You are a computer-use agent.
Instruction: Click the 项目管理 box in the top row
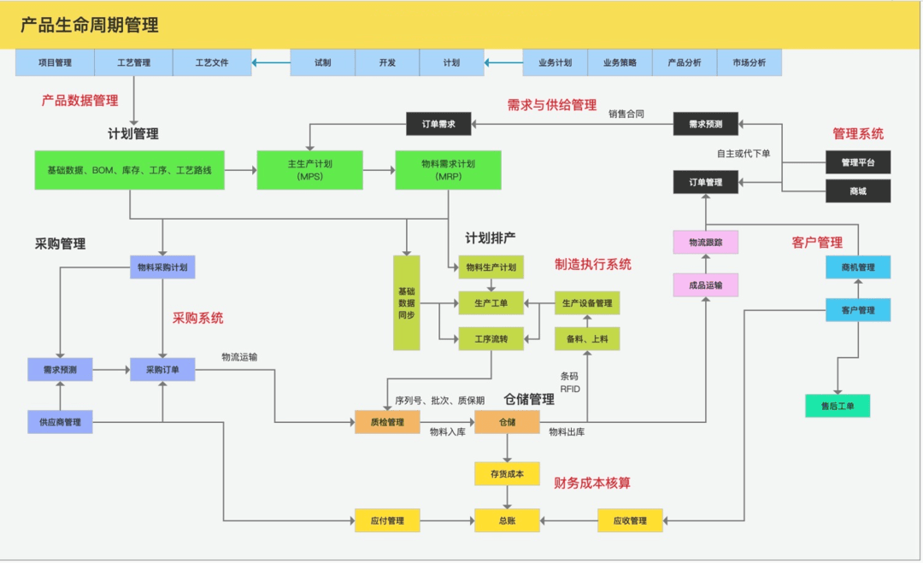tap(55, 62)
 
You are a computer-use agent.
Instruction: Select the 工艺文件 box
tap(212, 62)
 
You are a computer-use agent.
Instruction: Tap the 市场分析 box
tap(749, 62)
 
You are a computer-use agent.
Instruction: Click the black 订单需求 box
tap(438, 125)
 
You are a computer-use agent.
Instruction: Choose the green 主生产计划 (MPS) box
tap(309, 170)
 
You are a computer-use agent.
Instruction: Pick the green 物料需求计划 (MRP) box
tap(448, 170)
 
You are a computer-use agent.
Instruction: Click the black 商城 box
tap(858, 191)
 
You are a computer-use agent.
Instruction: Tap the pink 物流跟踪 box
tap(705, 242)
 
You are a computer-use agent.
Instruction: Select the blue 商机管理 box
tap(858, 267)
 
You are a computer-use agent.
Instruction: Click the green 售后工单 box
tap(838, 406)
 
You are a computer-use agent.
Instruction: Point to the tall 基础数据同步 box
tap(407, 302)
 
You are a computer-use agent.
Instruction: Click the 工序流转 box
tap(491, 339)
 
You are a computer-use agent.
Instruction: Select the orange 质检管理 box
tap(387, 422)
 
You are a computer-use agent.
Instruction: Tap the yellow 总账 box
tap(507, 520)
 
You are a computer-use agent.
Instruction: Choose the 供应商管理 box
tap(60, 422)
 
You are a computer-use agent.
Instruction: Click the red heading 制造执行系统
tap(593, 265)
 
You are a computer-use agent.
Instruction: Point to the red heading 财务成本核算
tap(592, 484)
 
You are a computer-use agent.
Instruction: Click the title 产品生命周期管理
tap(90, 26)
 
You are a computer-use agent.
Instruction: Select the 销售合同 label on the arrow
tap(626, 114)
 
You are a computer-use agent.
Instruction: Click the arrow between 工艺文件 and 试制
tap(271, 62)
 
